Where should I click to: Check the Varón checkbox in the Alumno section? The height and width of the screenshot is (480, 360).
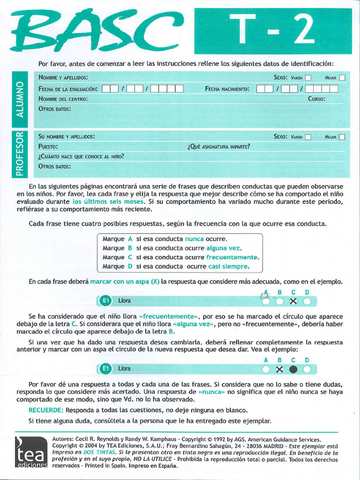tap(308, 78)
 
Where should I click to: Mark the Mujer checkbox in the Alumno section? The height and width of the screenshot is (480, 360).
tap(342, 78)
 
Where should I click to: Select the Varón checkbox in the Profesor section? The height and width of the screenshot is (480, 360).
tap(308, 137)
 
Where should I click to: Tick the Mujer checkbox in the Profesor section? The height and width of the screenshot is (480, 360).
tap(342, 137)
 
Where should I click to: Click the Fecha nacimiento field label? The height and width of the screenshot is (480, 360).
tap(227, 89)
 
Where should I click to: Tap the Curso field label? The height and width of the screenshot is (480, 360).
tap(316, 99)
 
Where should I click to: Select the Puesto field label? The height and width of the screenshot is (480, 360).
tap(48, 147)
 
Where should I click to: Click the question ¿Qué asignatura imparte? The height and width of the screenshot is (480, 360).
tap(218, 147)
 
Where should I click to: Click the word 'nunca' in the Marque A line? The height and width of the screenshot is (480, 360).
tap(195, 239)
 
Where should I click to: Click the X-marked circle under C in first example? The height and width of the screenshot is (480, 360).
tap(293, 301)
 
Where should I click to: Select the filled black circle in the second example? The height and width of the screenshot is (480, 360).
tap(293, 369)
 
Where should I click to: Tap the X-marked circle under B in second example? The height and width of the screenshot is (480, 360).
tap(280, 369)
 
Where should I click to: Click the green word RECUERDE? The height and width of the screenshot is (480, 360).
tap(46, 410)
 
